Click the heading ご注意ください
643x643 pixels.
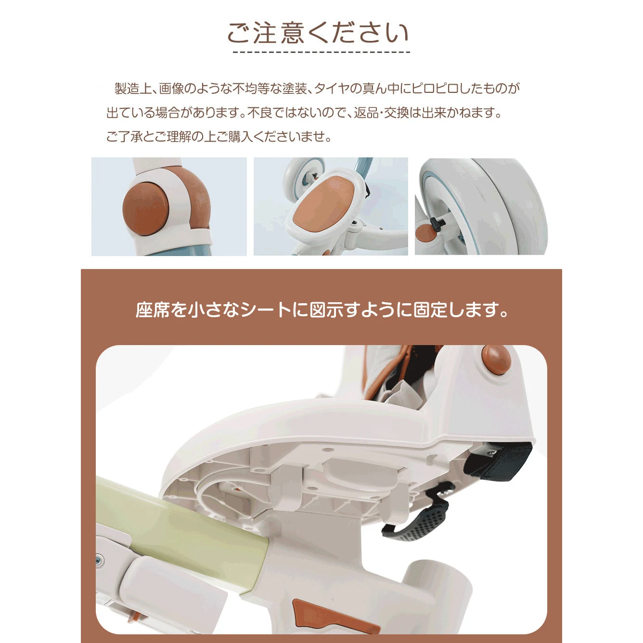[x=318, y=33]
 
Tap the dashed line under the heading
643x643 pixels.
[x=321, y=52]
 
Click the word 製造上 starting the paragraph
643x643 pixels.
[x=133, y=89]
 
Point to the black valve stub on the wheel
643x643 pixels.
[x=437, y=222]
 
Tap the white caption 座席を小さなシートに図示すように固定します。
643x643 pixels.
[x=321, y=310]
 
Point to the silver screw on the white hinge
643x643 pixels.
[x=99, y=557]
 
